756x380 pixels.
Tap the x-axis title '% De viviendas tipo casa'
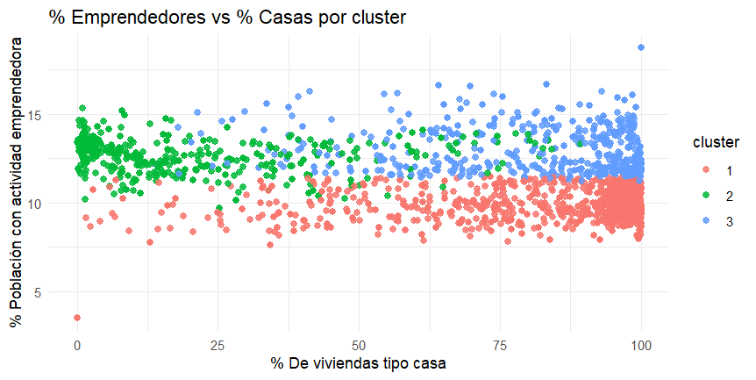pos(359,363)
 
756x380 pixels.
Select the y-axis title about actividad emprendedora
pos(16,188)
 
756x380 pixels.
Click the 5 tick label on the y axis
pos(38,291)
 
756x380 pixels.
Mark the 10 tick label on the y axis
pos(34,203)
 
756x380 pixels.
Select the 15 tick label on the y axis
pos(34,115)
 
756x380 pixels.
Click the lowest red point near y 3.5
pos(77,318)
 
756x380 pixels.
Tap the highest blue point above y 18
pos(641,47)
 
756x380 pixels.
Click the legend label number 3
pos(729,222)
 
